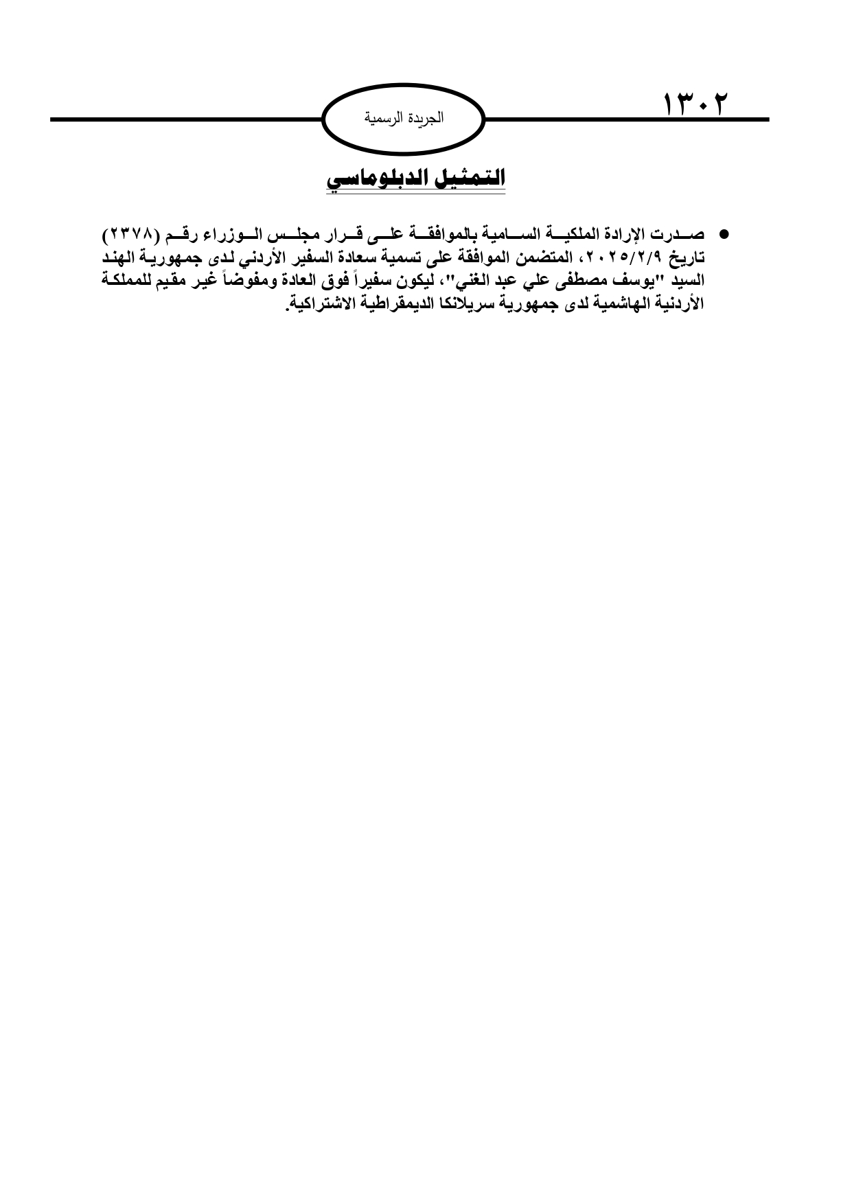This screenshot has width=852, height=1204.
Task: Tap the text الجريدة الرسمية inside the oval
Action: point(404,118)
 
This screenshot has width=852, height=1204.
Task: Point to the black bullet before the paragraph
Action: point(722,234)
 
